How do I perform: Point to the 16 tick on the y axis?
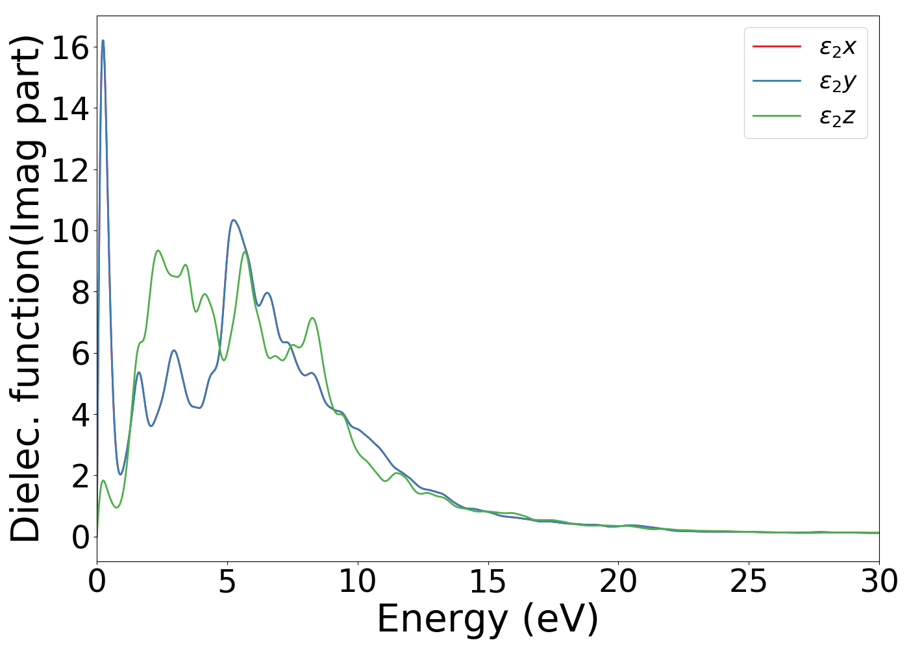coord(70,47)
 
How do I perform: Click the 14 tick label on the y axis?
coord(70,108)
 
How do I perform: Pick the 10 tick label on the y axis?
coord(70,231)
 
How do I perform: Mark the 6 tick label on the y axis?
coord(79,354)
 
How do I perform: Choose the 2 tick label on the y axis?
coord(79,476)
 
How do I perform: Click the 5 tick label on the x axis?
coord(227,582)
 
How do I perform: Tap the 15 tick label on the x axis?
coord(488,582)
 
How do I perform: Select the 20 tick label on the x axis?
coord(618,582)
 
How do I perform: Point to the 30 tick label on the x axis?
coord(879,582)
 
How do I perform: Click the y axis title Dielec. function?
coord(26,289)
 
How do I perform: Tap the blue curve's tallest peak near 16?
coord(103,41)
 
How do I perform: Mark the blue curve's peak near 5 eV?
coord(234,220)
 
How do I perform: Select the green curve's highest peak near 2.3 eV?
coord(158,251)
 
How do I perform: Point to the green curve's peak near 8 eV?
coord(312,318)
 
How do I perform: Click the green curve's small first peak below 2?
coord(103,481)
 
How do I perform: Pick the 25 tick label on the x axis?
coord(749,582)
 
